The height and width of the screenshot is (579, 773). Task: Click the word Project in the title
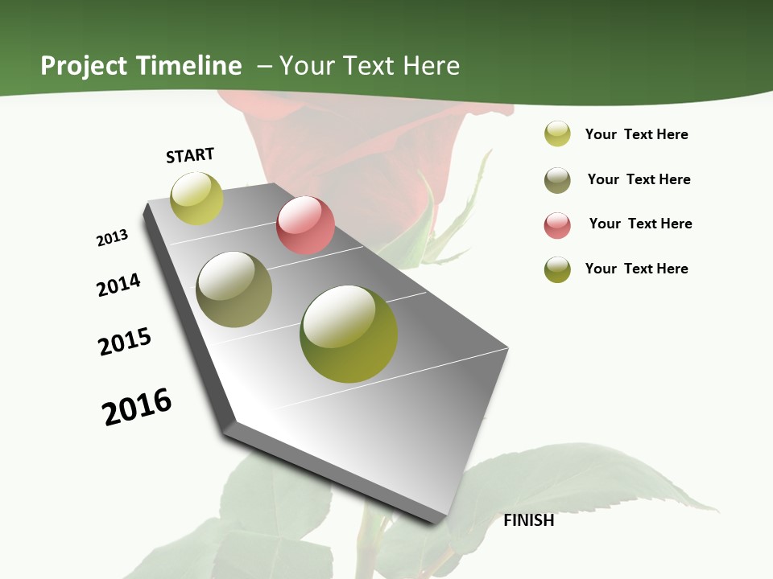coord(85,66)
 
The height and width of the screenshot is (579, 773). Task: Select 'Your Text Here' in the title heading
coord(370,66)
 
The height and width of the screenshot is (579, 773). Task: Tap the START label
coord(190,155)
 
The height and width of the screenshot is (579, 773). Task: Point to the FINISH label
coord(528,520)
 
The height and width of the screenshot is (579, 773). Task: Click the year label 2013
coord(112,238)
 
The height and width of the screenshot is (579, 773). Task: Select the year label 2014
coord(118,285)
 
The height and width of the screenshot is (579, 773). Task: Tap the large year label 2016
coord(137,407)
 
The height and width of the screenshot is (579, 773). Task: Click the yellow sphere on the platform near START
coord(196,199)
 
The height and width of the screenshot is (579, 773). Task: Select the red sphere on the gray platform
coord(305,225)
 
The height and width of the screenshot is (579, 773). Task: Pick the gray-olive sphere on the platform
coord(234,289)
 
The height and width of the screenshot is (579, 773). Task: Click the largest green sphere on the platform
coord(349,334)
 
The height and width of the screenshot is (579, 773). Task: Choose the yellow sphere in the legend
coord(557,134)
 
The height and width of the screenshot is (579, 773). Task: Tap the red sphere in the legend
coord(557,225)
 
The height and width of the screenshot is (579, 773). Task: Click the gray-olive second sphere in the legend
coord(557,180)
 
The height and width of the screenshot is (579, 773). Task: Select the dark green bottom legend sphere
coord(557,269)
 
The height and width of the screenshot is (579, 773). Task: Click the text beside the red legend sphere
coord(640,224)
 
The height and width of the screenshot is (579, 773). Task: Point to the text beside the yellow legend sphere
coord(636,134)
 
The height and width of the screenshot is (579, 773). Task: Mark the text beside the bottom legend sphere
coord(636,269)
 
